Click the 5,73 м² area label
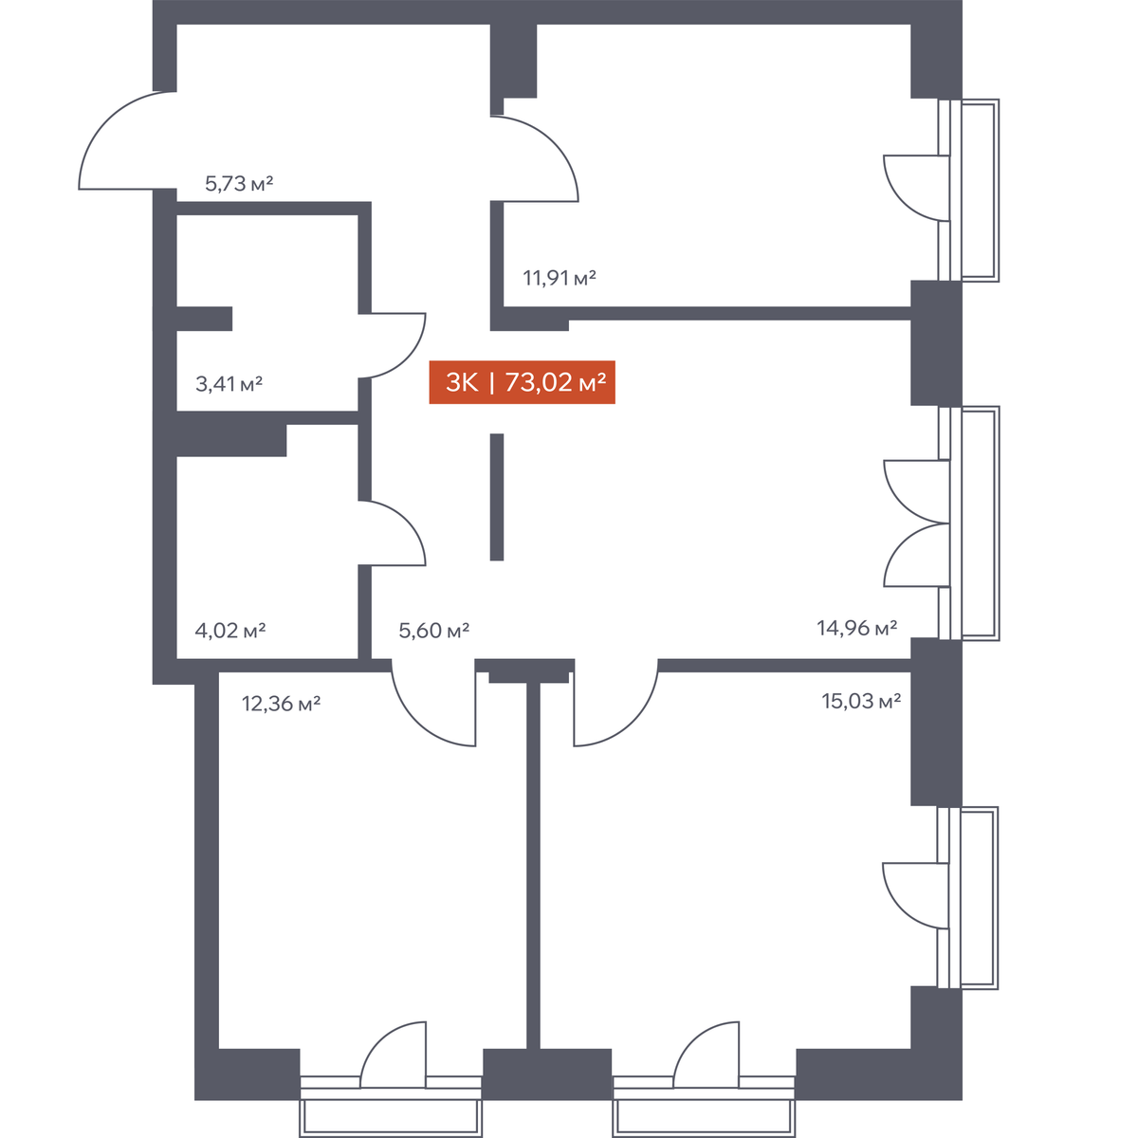coord(239,184)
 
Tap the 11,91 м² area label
coord(560,278)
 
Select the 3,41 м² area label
coord(229,384)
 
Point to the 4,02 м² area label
coord(229,631)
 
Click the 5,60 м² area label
coord(433,631)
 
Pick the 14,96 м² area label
coord(857,628)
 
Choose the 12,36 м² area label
coord(281,704)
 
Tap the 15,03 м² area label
coord(861,701)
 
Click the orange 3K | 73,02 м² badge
coord(522,382)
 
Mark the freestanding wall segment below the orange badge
coord(497,497)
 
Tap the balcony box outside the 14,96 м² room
coord(981,523)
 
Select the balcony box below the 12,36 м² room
coord(391,1118)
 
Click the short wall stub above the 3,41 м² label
coord(204,319)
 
